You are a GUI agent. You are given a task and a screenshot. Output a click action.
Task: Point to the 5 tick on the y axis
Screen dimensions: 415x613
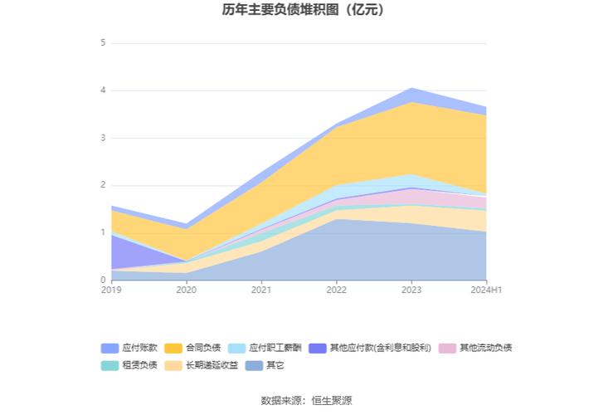tap(103, 42)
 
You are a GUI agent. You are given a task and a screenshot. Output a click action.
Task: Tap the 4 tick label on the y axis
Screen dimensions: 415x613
tap(103, 90)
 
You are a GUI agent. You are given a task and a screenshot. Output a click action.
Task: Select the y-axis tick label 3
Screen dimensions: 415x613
tap(103, 138)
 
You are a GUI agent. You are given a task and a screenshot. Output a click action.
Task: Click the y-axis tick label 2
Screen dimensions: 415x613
tap(103, 185)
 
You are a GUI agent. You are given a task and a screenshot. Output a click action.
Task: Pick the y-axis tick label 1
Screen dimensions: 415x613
tap(103, 233)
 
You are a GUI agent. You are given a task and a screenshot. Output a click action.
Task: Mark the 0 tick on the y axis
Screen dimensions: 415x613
tap(103, 281)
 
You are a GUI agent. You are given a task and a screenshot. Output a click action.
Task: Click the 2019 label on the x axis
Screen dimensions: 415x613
tap(111, 290)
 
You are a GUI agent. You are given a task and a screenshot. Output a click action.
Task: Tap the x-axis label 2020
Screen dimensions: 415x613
tap(187, 290)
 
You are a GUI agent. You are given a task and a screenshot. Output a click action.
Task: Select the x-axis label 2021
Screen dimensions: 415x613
tap(261, 290)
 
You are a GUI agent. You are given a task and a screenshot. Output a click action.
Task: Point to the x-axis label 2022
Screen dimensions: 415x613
tap(337, 290)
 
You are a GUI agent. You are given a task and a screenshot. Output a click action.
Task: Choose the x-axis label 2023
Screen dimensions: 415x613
tap(411, 290)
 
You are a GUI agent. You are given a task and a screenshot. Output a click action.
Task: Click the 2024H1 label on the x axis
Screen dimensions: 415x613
tap(486, 290)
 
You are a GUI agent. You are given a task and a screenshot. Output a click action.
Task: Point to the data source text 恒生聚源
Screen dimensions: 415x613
tap(331, 400)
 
